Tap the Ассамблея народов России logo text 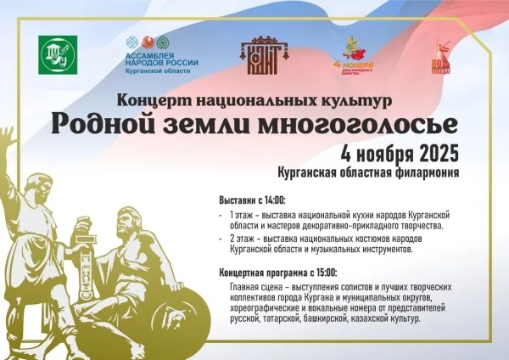pyautogui.click(x=161, y=63)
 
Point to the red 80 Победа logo pyautogui.click(x=442, y=55)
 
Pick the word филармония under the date pyautogui.click(x=427, y=173)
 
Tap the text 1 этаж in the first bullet pyautogui.click(x=242, y=216)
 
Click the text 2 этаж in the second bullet pyautogui.click(x=243, y=240)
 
